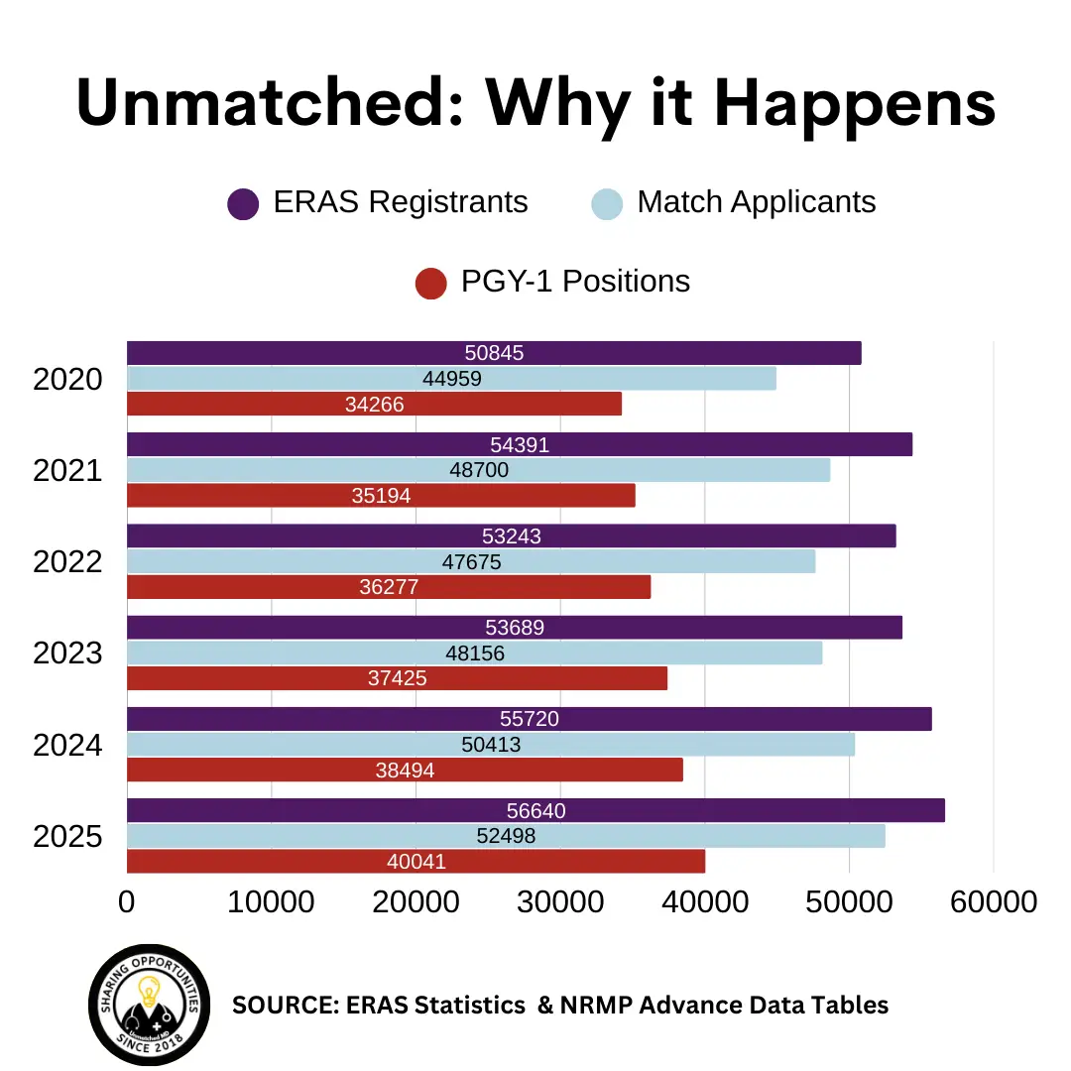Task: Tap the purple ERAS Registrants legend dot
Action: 243,203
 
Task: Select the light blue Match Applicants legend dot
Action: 607,203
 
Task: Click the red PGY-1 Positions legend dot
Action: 431,283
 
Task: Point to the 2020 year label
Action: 67,379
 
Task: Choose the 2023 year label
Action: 67,654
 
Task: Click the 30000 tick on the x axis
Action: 559,901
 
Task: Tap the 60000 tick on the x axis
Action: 994,901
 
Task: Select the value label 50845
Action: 494,353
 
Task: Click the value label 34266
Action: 375,405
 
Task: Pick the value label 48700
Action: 479,470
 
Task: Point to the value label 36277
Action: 389,587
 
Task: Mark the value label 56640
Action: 535,811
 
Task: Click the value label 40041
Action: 416,862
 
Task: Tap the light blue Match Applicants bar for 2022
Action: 645,561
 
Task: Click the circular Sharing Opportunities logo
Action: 149,1004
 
